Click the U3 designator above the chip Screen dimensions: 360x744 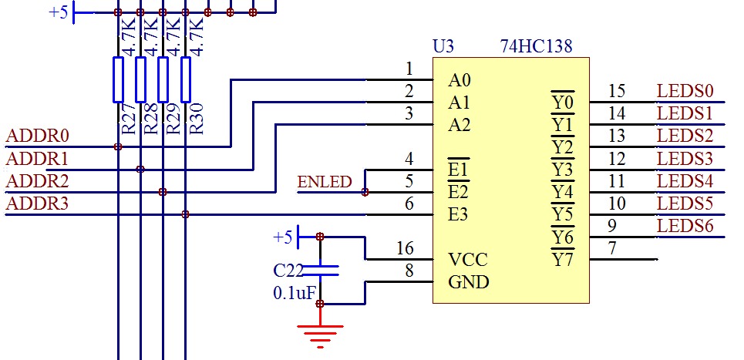443,47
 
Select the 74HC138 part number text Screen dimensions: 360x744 536,47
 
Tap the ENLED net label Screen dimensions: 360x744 324,183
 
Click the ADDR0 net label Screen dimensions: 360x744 37,136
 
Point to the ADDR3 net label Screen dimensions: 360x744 37,204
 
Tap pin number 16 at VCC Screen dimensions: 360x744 405,249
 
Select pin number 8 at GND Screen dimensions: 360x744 409,271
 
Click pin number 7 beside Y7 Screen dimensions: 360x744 612,249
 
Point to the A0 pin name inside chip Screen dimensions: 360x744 460,80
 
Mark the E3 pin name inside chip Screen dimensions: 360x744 460,215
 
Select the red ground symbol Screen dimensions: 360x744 319,333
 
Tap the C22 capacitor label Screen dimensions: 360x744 288,271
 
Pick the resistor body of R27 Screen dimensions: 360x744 118,79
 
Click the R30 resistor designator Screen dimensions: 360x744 197,121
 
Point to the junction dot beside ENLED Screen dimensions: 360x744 365,192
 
